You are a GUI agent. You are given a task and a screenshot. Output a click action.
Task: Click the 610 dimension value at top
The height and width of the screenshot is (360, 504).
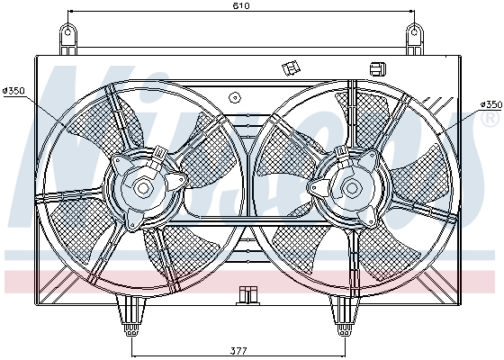[x=239, y=6]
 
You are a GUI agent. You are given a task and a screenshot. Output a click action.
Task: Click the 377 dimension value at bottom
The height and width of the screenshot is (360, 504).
[x=238, y=350]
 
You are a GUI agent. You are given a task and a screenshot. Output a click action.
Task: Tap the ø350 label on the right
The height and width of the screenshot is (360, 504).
[x=490, y=105]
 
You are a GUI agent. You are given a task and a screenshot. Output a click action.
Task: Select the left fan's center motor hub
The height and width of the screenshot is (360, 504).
[x=143, y=188]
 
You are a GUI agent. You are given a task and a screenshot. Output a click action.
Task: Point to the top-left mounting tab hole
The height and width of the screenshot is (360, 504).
[x=68, y=37]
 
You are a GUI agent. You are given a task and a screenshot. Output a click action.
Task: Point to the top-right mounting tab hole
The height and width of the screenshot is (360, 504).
[x=414, y=37]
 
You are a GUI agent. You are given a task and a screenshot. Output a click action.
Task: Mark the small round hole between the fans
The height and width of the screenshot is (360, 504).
[x=235, y=98]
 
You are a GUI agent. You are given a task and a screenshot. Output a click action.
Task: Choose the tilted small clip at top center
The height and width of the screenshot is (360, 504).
[x=291, y=67]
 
